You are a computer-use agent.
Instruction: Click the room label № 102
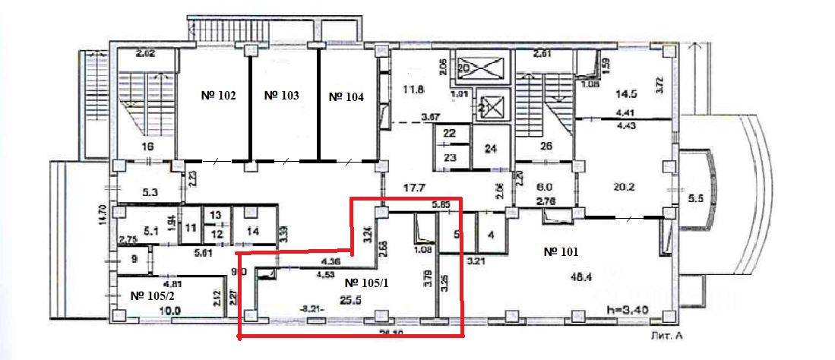217,96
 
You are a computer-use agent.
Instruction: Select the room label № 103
282,96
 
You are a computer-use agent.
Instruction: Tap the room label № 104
346,97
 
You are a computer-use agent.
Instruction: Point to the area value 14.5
628,96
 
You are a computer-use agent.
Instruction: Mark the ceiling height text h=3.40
627,310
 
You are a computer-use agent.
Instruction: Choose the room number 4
491,235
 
